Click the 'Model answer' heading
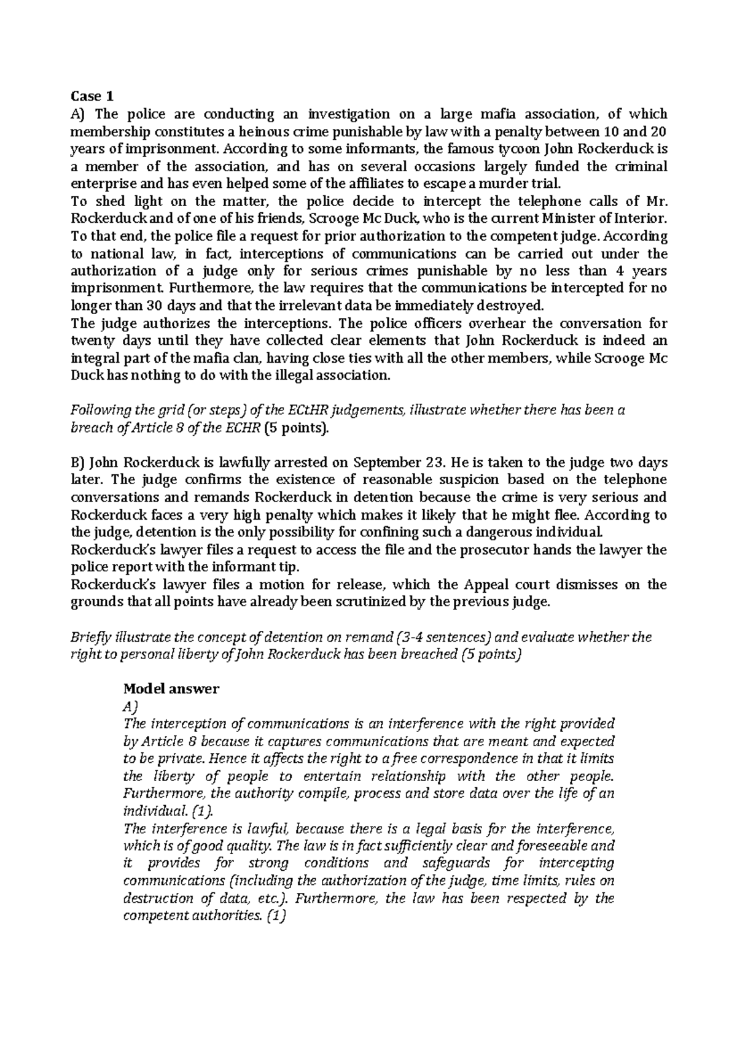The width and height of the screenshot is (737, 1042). [x=171, y=689]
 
